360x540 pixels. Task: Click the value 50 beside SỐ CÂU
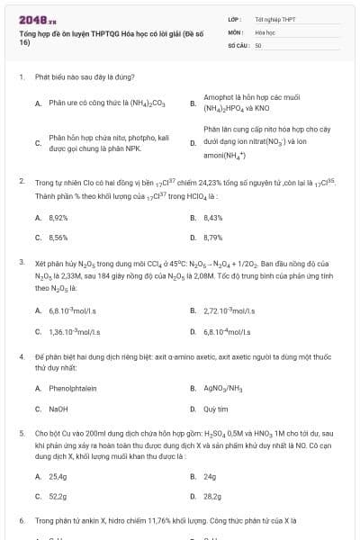pos(258,44)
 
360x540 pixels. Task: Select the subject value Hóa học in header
pos(264,31)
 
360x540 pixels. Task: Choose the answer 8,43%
pos(213,218)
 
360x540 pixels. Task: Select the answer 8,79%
pos(213,237)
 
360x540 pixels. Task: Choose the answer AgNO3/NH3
pos(222,388)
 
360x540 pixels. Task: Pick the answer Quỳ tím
pos(217,408)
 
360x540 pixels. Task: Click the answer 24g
pos(211,476)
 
